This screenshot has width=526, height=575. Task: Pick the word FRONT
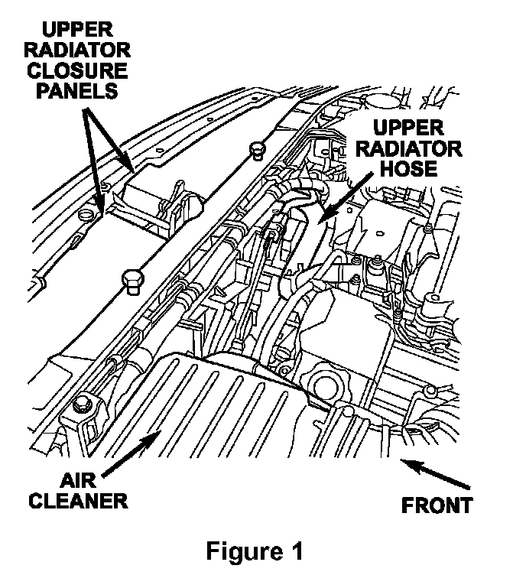click(x=437, y=505)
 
